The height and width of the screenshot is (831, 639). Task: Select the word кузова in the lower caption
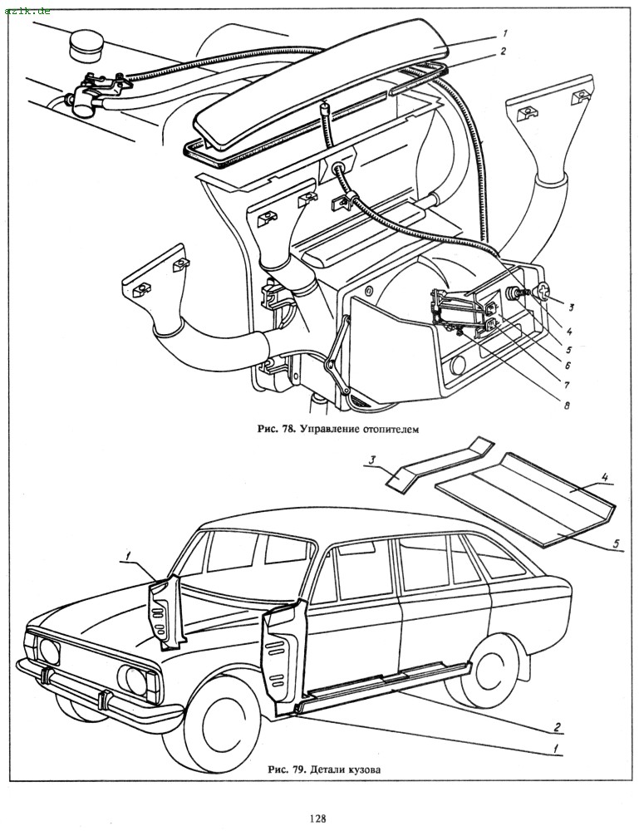[365, 769]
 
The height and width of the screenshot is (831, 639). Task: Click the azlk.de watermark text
[27, 9]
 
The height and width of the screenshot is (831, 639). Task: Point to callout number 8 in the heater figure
[568, 406]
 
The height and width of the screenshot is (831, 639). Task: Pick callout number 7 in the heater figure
[568, 385]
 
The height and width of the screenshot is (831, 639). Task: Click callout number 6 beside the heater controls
[568, 363]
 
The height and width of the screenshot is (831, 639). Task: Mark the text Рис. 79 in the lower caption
[284, 769]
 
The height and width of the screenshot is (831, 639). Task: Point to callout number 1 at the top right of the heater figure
[504, 33]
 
